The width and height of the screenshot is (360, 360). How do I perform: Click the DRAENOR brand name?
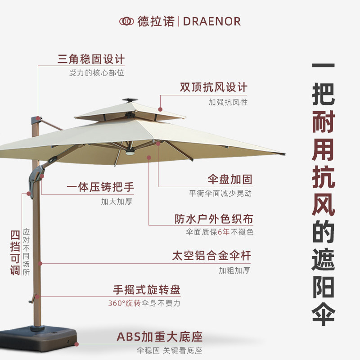click(x=211, y=21)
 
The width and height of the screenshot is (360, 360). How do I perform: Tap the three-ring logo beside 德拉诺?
click(x=126, y=21)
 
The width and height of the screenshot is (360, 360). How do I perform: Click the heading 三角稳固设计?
click(x=91, y=59)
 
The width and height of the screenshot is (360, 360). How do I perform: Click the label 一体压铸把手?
click(x=100, y=187)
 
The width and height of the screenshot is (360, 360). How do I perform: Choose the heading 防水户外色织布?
click(x=214, y=219)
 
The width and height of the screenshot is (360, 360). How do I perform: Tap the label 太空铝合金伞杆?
click(x=211, y=256)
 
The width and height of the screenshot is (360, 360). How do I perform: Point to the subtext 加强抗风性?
click(x=228, y=102)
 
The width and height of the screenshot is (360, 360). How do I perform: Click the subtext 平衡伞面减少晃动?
click(x=220, y=193)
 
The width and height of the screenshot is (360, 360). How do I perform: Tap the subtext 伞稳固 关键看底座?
click(x=170, y=351)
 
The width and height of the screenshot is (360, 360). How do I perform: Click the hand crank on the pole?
click(x=32, y=297)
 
